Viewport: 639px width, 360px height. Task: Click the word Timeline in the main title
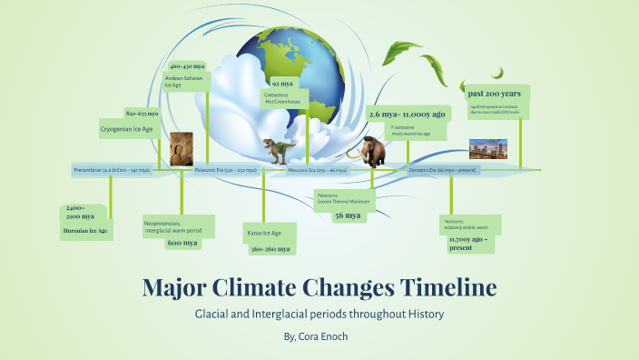[x=447, y=287]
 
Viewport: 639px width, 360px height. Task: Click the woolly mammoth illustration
[x=370, y=150]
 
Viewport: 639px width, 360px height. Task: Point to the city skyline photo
[x=487, y=150]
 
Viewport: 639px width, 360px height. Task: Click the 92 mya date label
[x=281, y=83]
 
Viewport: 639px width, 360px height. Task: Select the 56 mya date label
[x=347, y=215]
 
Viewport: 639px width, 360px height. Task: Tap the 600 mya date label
[x=182, y=243]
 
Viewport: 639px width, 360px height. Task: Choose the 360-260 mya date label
[x=270, y=248]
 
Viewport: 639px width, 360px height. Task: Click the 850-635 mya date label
[x=142, y=114]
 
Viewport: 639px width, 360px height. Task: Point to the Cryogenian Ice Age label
[x=126, y=130]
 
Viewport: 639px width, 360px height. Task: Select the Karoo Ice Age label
[x=264, y=234]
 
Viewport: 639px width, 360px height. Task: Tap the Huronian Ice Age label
[x=85, y=231]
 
